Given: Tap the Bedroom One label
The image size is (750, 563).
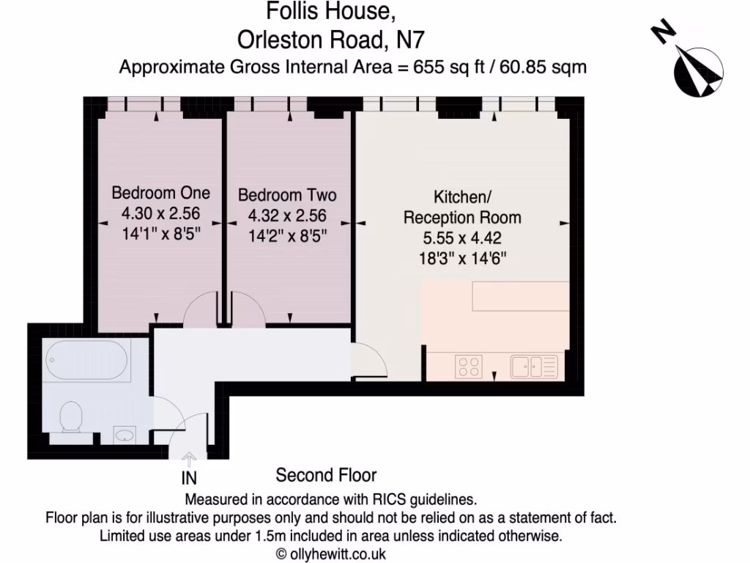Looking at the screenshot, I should pos(160,194).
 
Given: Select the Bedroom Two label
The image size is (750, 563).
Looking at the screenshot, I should pos(287,195).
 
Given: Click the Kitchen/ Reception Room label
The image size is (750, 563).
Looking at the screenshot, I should pos(462,207).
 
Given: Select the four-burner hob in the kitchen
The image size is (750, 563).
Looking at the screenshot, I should pos(469,365).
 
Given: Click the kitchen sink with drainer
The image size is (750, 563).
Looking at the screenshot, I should pos(534,365).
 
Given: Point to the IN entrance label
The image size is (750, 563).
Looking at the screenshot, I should pos(189,479).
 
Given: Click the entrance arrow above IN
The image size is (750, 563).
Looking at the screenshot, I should pos(189,460).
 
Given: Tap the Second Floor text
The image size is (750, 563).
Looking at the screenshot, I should pos(326,476).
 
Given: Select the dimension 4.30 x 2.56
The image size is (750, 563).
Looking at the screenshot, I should pos(160,215).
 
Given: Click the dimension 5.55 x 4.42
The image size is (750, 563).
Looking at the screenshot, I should pos(462,238).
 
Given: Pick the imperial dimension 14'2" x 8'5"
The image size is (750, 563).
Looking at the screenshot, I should pos(287,236).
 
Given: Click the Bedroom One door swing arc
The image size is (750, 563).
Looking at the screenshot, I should pos(199,308).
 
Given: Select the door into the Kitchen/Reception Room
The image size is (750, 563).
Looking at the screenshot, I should pos(370,361).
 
